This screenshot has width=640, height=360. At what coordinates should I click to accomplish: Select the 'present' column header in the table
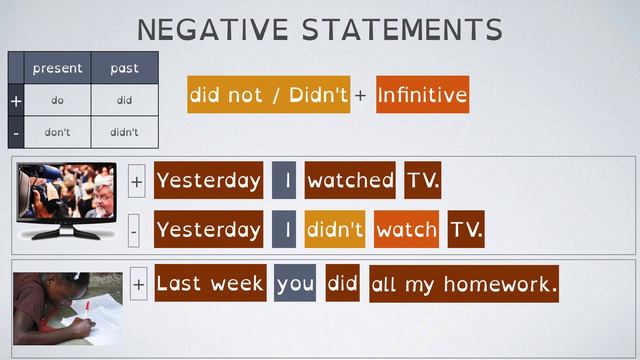click(x=58, y=69)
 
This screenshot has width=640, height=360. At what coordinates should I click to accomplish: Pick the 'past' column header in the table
click(x=124, y=69)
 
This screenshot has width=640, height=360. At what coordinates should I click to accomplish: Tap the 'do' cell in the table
click(x=58, y=100)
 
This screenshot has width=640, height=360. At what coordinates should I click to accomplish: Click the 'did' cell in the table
click(x=124, y=100)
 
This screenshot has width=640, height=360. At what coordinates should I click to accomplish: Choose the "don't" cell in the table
click(x=58, y=131)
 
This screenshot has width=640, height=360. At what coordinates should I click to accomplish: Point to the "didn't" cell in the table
click(x=124, y=131)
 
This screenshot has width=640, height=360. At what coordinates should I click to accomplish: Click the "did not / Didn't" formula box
click(x=268, y=95)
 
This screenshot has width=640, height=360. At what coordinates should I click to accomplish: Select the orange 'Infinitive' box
click(x=422, y=95)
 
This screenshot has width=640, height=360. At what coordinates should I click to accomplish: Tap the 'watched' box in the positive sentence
click(x=350, y=181)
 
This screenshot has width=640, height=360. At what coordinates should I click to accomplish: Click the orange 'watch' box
click(x=407, y=230)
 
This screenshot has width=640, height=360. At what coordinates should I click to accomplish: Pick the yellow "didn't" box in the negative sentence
click(x=335, y=230)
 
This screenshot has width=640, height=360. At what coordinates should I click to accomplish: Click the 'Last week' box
click(x=210, y=284)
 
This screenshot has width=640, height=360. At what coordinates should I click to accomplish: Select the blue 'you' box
click(x=295, y=284)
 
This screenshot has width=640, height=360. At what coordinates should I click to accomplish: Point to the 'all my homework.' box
click(x=463, y=284)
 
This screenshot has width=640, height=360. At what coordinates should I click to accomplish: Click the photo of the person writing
click(x=67, y=308)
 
